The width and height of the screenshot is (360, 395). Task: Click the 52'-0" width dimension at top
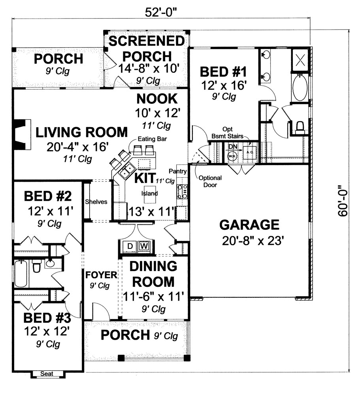click(x=160, y=12)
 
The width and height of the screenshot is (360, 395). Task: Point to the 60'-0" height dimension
click(x=343, y=201)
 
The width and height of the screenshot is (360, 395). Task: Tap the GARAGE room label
click(x=249, y=225)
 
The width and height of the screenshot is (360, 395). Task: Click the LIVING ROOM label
click(x=82, y=132)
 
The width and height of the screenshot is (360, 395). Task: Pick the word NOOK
click(x=156, y=98)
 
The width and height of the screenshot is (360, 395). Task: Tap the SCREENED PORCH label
click(x=146, y=48)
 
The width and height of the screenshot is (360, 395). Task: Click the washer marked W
click(x=145, y=246)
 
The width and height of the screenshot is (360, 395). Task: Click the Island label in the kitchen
click(x=150, y=194)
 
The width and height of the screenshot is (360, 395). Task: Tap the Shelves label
click(x=96, y=202)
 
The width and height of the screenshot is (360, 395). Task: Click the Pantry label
click(x=177, y=171)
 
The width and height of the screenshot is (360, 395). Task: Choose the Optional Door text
click(x=210, y=181)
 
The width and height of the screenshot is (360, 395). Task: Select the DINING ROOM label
click(x=154, y=274)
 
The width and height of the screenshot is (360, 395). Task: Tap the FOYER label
click(x=101, y=274)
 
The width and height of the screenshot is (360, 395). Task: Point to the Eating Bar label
click(x=149, y=139)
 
